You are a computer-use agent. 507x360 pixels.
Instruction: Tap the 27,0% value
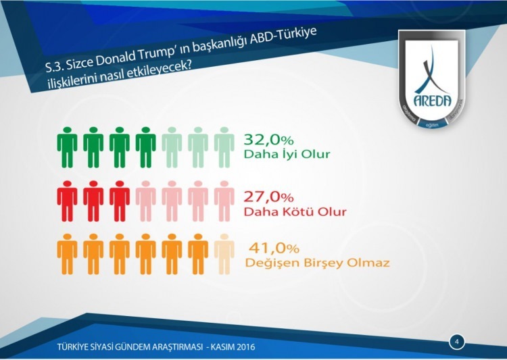click(269, 197)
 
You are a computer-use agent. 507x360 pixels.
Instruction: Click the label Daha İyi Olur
click(287, 155)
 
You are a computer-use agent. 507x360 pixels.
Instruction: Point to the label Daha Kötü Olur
click(295, 212)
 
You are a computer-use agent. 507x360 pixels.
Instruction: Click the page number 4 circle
click(456, 342)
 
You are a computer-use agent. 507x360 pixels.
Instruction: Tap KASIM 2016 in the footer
click(231, 347)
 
